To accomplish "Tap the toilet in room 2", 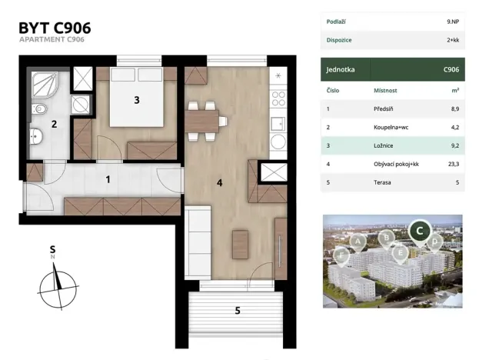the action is pos(39,108).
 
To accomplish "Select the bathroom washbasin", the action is pos(36,136).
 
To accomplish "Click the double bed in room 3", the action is pos(136,97).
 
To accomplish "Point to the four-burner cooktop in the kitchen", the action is pos(278,98).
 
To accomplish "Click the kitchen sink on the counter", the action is pos(278,124).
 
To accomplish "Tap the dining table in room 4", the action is pos(201,122).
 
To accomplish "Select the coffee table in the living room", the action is pos(240,245).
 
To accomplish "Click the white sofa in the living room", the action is pos(198,242).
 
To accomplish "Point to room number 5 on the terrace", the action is pos(238,311).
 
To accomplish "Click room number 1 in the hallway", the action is pos(108,179).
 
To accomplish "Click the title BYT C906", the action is pos(55,28).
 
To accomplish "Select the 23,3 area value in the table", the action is pos(454,164).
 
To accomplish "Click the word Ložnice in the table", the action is pos(384,146).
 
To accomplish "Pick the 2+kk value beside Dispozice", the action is pos(453,40).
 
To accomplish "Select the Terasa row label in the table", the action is pos(382,182).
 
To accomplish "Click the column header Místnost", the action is pos(385,91).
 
